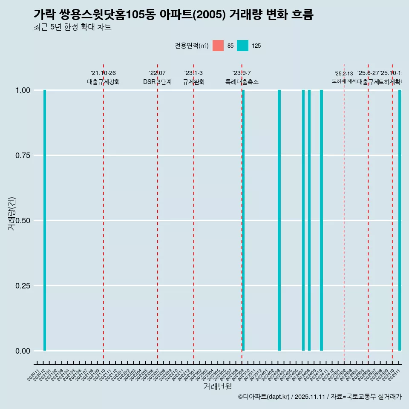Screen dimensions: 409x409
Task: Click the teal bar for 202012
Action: pyautogui.click(x=45, y=220)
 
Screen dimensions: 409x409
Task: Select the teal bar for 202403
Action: pyautogui.click(x=279, y=220)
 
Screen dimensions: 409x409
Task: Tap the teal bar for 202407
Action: pyautogui.click(x=303, y=220)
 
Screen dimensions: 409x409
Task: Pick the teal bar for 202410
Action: pyautogui.click(x=321, y=220)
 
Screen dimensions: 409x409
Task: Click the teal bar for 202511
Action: pyautogui.click(x=400, y=220)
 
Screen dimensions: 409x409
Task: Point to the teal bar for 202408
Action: pyautogui.click(x=309, y=220)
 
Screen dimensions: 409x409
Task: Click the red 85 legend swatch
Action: pyautogui.click(x=218, y=46)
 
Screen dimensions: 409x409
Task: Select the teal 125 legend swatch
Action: pyautogui.click(x=242, y=46)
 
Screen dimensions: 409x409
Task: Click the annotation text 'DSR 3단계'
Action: pyautogui.click(x=157, y=82)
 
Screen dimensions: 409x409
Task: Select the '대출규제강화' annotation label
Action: pyautogui.click(x=104, y=82)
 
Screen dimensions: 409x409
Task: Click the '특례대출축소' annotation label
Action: pyautogui.click(x=242, y=82)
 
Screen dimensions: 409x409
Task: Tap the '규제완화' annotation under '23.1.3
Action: pyautogui.click(x=194, y=82)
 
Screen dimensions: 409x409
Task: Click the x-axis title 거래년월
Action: pyautogui.click(x=217, y=387)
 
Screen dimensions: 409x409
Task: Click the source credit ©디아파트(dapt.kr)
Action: pyautogui.click(x=264, y=397)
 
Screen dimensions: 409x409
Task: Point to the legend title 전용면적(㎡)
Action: pyautogui.click(x=192, y=46)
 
